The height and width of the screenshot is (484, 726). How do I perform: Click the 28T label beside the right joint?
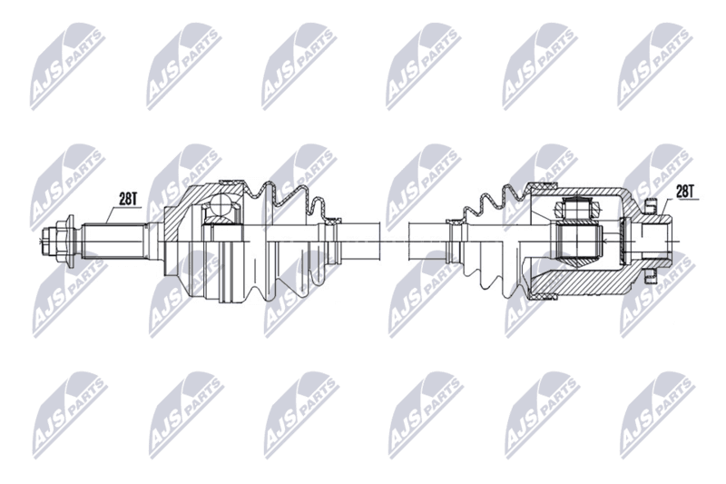(685, 191)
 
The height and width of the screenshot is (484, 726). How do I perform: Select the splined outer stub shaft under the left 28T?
(113, 241)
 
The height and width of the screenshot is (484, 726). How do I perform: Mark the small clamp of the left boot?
(332, 221)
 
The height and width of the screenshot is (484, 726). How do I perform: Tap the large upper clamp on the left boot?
(231, 183)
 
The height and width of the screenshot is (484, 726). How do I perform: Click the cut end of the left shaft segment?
(379, 241)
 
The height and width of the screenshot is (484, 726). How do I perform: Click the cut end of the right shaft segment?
(409, 241)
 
